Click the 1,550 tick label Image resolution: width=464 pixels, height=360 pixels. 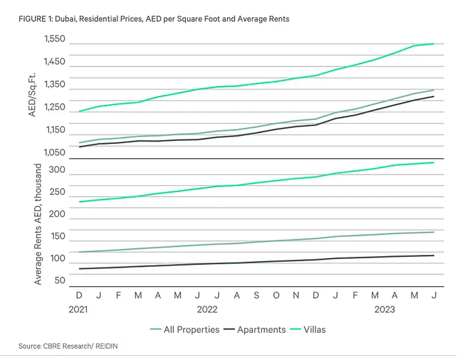point(55,39)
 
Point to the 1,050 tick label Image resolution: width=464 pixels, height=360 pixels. point(55,152)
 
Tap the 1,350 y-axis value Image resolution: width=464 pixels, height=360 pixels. point(55,85)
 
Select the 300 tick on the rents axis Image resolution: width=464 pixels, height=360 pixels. point(57,170)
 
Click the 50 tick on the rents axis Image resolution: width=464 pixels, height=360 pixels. point(60,280)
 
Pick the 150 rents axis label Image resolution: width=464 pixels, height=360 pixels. point(58,236)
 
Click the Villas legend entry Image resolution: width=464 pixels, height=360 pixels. point(308,329)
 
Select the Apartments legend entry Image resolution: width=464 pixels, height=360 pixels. point(255,329)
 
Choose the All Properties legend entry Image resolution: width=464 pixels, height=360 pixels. point(185,329)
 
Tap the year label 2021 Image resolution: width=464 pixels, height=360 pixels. point(78,310)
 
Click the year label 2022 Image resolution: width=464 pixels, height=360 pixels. point(207,310)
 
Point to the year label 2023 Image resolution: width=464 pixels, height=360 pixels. point(384,310)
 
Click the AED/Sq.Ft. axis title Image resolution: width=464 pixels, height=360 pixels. point(32,95)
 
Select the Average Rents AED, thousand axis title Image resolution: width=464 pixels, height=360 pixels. point(38,224)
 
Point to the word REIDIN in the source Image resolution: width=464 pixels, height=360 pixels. point(107,346)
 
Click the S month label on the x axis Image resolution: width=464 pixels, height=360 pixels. point(256,295)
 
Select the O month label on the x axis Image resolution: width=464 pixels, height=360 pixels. point(276,295)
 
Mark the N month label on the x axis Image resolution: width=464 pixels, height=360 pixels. point(296,295)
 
